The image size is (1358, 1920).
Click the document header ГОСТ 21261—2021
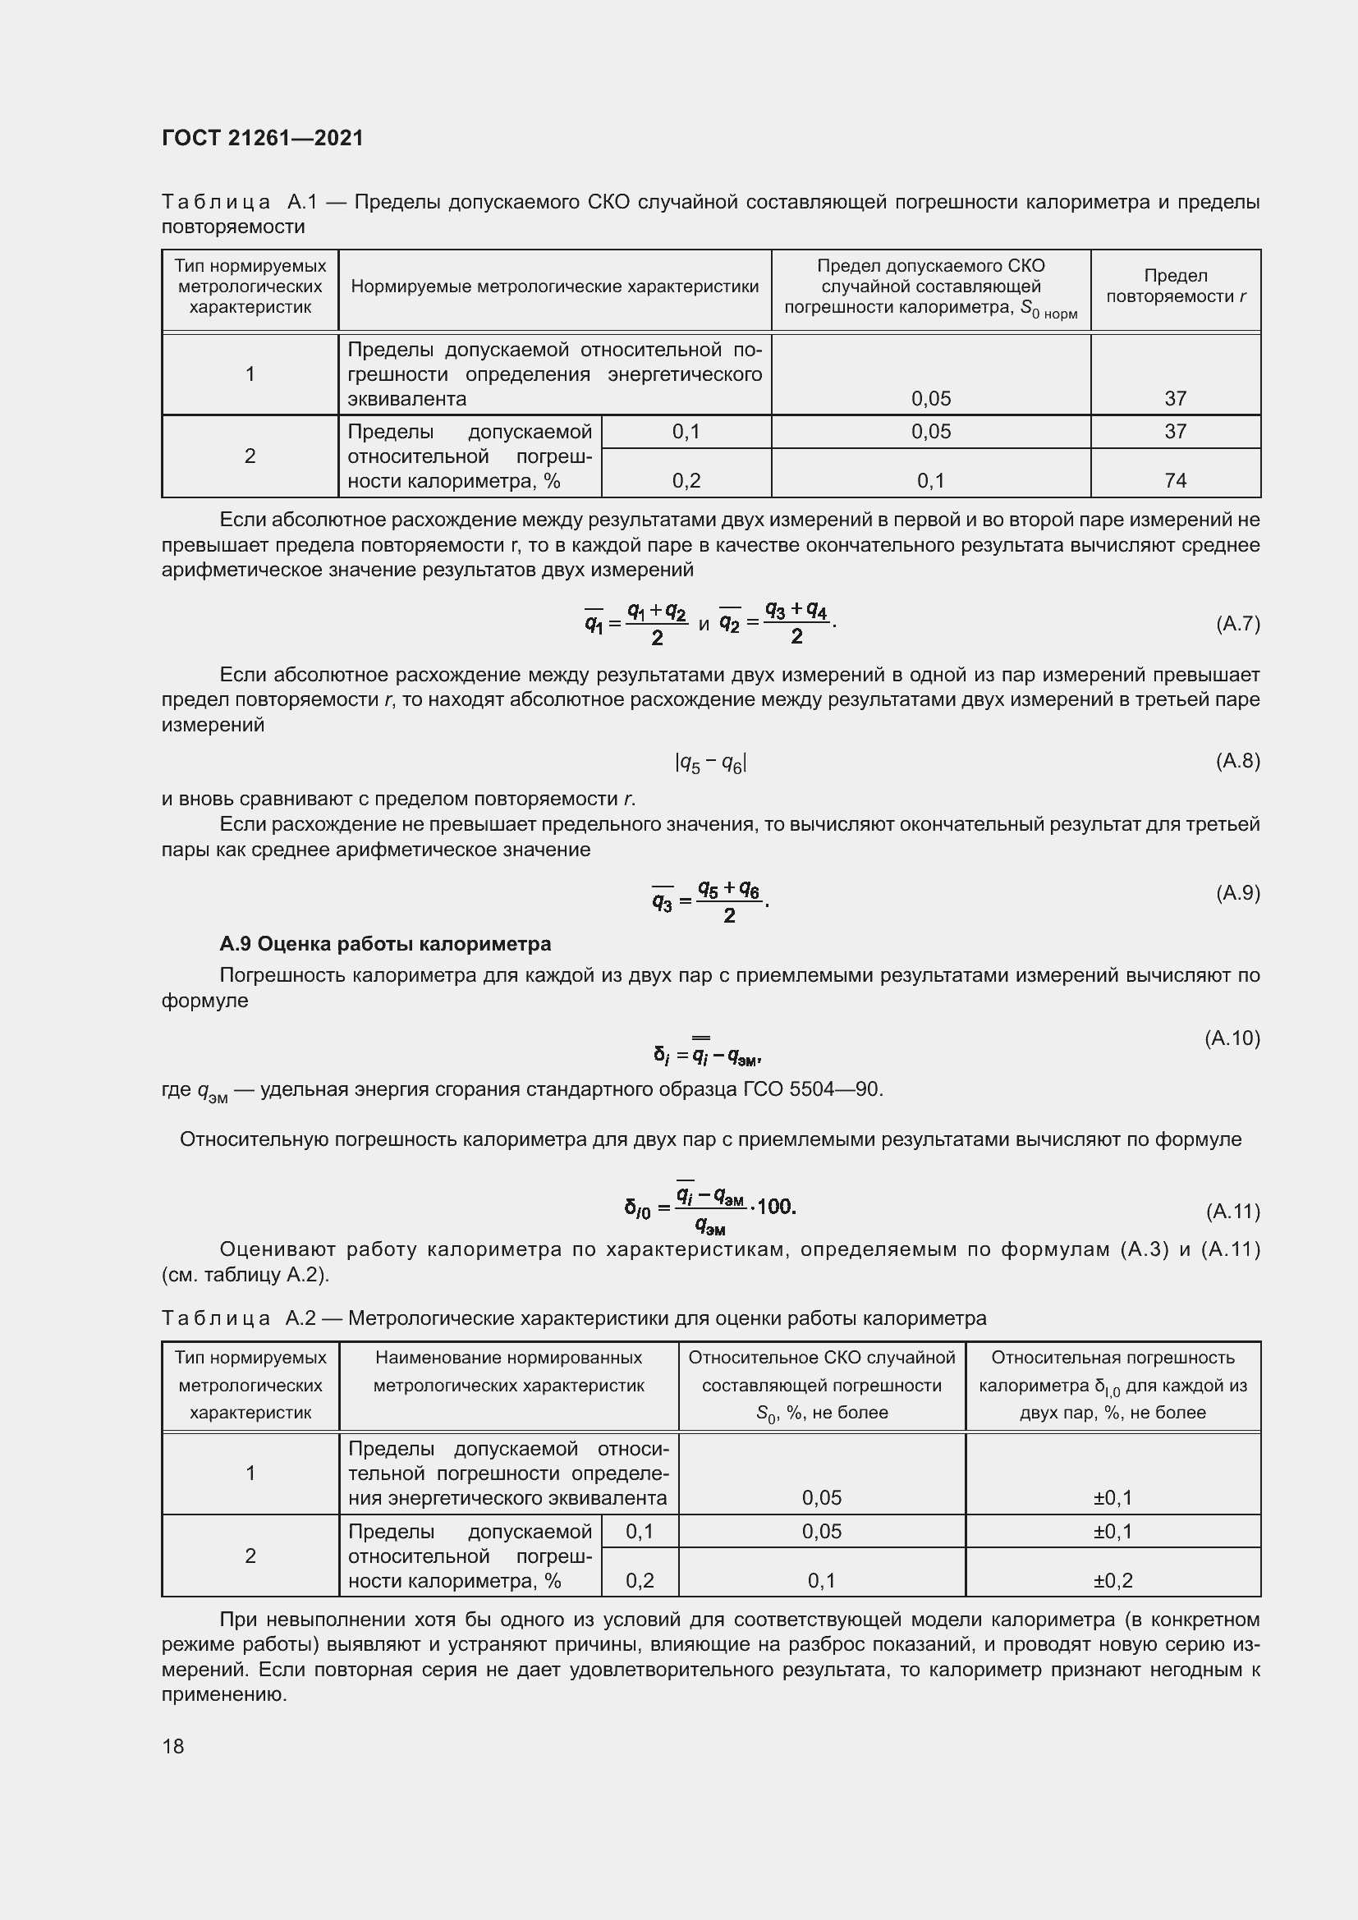(263, 138)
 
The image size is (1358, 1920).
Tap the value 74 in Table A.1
(1175, 481)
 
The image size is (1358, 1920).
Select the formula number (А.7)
(1236, 624)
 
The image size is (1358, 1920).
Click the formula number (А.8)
(1236, 760)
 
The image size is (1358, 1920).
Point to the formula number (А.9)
(1236, 893)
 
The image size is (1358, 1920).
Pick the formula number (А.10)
(1232, 1038)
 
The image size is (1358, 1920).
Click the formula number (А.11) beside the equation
(1232, 1211)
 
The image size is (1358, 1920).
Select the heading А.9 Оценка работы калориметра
(384, 944)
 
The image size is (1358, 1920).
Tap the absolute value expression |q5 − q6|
(710, 763)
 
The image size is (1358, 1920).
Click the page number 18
(173, 1746)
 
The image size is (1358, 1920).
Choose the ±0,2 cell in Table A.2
(1113, 1580)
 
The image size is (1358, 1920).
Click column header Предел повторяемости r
(1175, 286)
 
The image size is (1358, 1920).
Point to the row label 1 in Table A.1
(250, 373)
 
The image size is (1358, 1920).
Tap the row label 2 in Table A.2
(250, 1556)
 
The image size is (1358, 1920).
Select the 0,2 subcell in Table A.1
(686, 481)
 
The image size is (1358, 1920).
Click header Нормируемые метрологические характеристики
(554, 286)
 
